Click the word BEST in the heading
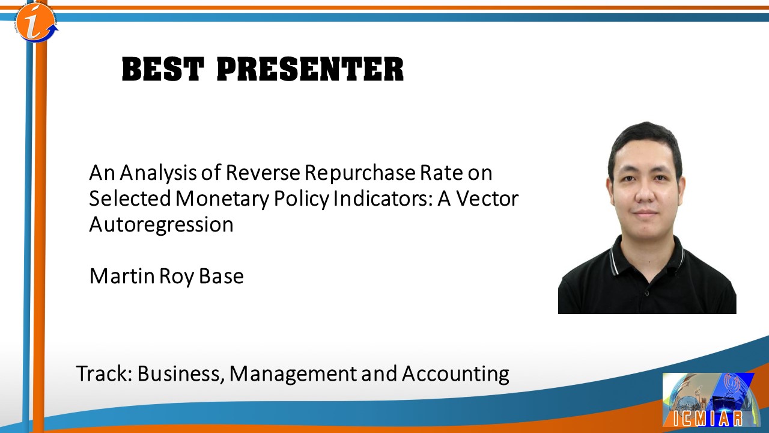click(x=163, y=69)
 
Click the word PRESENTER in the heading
click(x=311, y=69)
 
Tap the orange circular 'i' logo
click(x=37, y=22)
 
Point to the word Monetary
click(x=222, y=199)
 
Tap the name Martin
click(x=122, y=276)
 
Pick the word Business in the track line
click(x=178, y=374)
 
